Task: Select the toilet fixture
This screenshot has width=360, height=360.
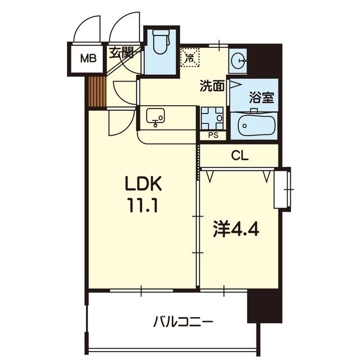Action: point(160,44)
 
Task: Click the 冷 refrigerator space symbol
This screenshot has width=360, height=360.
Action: point(190,57)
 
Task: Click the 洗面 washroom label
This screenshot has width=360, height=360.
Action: point(213,86)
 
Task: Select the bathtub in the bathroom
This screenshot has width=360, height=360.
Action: point(256,126)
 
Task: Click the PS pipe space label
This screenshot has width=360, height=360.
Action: point(213,135)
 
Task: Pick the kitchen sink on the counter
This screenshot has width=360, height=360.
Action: point(156,117)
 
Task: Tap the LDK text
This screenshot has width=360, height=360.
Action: point(143,184)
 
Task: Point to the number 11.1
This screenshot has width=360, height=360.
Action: point(143,205)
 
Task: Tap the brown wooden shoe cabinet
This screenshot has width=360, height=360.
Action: point(97,91)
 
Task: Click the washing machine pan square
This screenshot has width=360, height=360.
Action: point(213,117)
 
